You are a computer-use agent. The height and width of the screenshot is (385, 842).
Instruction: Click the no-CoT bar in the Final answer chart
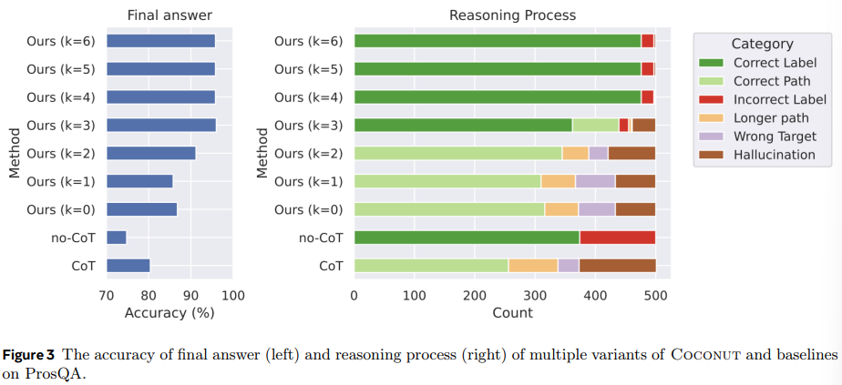tap(117, 238)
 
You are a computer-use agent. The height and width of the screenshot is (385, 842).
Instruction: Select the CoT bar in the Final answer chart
tap(128, 266)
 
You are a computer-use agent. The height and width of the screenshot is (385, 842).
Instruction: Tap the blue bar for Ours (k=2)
tap(151, 153)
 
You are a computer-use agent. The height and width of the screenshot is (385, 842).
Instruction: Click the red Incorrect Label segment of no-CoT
tap(617, 238)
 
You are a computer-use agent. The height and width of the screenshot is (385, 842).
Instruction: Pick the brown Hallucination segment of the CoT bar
tap(617, 266)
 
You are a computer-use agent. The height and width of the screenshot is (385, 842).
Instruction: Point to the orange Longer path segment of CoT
tap(533, 266)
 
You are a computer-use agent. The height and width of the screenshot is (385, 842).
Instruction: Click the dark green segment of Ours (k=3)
tap(463, 125)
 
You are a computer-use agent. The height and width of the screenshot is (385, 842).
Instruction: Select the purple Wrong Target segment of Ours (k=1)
tap(595, 181)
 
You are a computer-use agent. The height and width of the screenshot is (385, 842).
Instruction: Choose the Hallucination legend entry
tap(774, 155)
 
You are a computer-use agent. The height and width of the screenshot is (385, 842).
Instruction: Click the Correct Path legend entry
tap(772, 81)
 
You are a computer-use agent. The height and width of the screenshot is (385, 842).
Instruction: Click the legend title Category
tap(762, 44)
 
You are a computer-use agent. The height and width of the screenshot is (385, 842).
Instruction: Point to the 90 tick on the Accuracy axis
tap(190, 296)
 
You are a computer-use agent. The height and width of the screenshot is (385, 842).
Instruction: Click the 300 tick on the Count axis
tap(535, 296)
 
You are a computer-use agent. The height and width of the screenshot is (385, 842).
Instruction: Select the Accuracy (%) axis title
tap(170, 313)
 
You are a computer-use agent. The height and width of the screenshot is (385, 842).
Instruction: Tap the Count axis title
tap(513, 313)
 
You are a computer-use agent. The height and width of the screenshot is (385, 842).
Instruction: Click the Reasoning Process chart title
tap(512, 15)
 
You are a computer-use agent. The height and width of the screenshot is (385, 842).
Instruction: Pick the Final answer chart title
tap(169, 15)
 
